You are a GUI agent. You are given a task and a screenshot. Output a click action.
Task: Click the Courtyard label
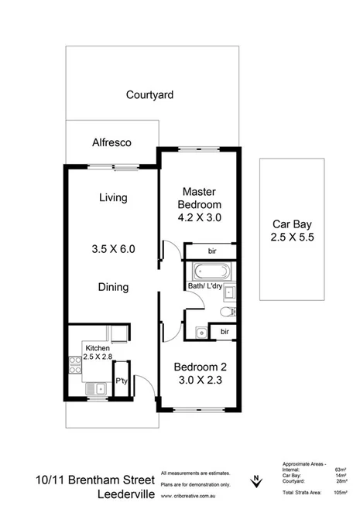149,95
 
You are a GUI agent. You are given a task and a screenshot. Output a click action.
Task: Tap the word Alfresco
111,143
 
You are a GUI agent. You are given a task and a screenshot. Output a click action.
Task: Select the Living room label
112,197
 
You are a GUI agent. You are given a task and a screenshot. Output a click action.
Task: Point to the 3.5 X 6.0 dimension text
113,249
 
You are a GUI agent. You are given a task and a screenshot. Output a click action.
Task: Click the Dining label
112,287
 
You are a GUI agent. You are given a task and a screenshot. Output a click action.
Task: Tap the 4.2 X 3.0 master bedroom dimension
200,217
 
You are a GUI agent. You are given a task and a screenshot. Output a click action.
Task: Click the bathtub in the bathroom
209,272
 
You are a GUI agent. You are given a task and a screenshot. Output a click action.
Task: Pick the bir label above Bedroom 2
224,331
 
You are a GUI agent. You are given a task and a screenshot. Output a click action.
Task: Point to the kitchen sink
94,389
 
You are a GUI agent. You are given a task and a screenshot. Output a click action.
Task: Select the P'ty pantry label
121,381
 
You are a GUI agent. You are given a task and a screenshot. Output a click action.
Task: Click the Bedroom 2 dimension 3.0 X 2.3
197,377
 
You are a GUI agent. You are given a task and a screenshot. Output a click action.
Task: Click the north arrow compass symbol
254,482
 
